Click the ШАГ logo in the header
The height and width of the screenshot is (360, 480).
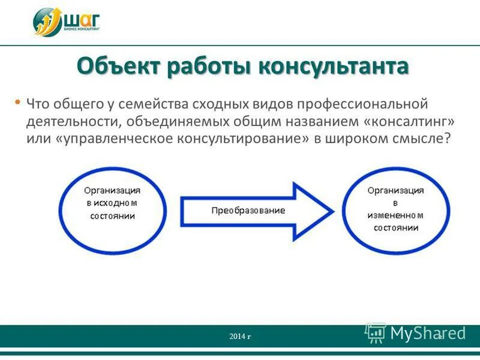point(66,21)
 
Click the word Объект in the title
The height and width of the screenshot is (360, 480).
point(119,66)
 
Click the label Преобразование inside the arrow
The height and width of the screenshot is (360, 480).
point(248,211)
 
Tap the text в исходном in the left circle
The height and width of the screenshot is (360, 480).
point(113,203)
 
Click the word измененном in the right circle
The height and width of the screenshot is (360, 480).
point(396,215)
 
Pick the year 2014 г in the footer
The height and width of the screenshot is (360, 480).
point(240,336)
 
